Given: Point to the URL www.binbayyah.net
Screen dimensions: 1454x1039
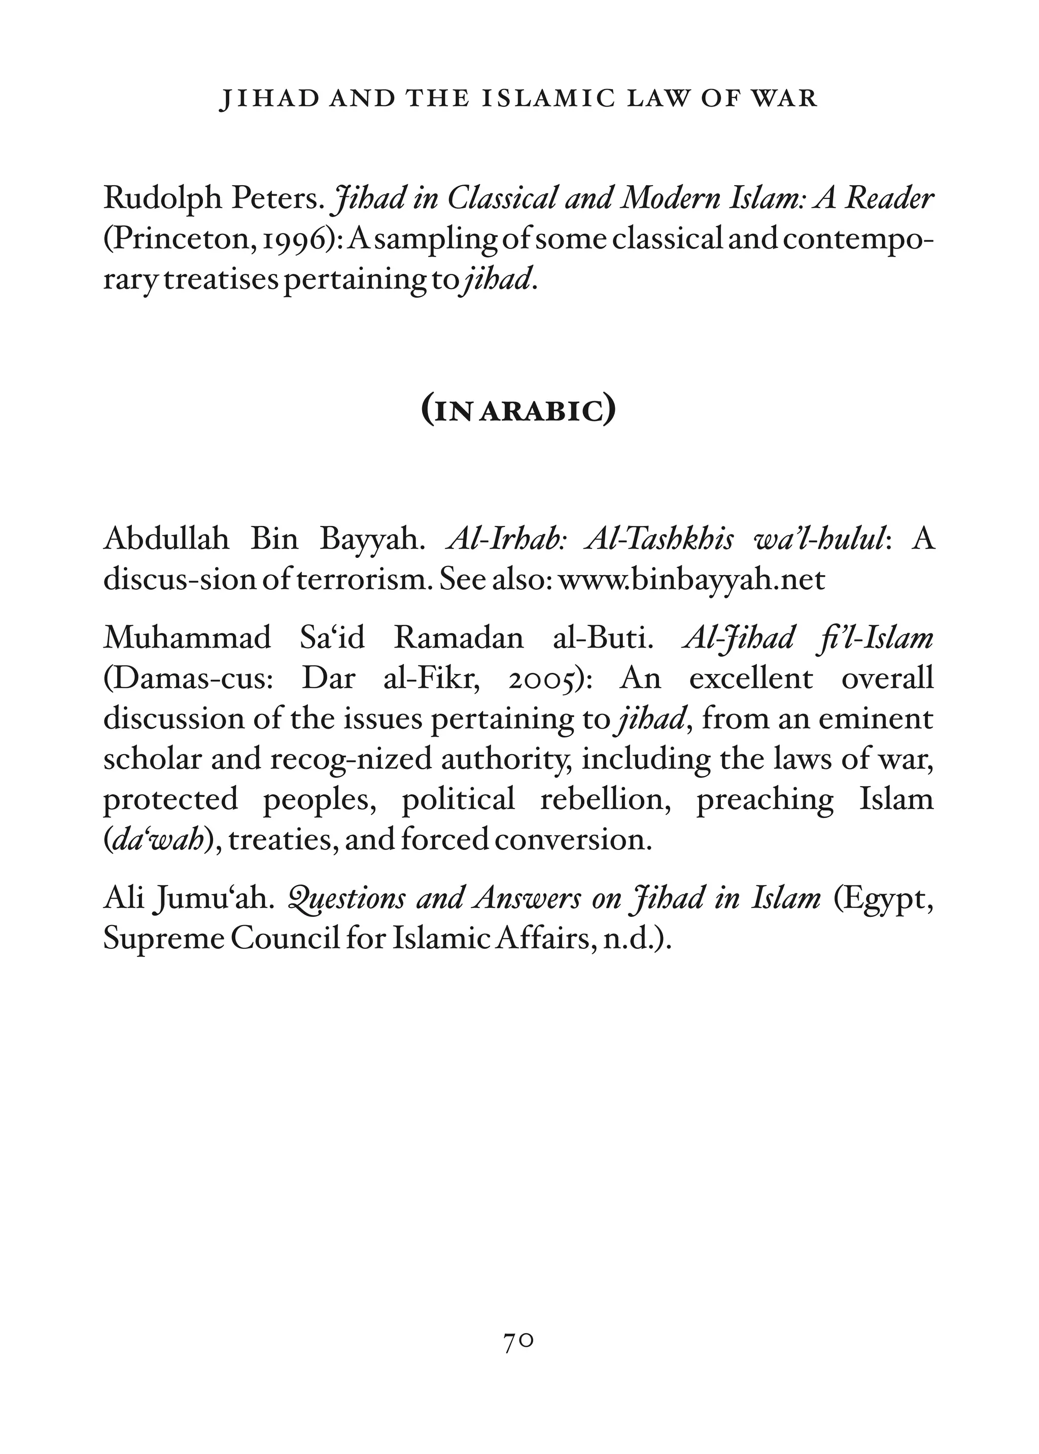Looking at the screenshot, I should click(x=691, y=580).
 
